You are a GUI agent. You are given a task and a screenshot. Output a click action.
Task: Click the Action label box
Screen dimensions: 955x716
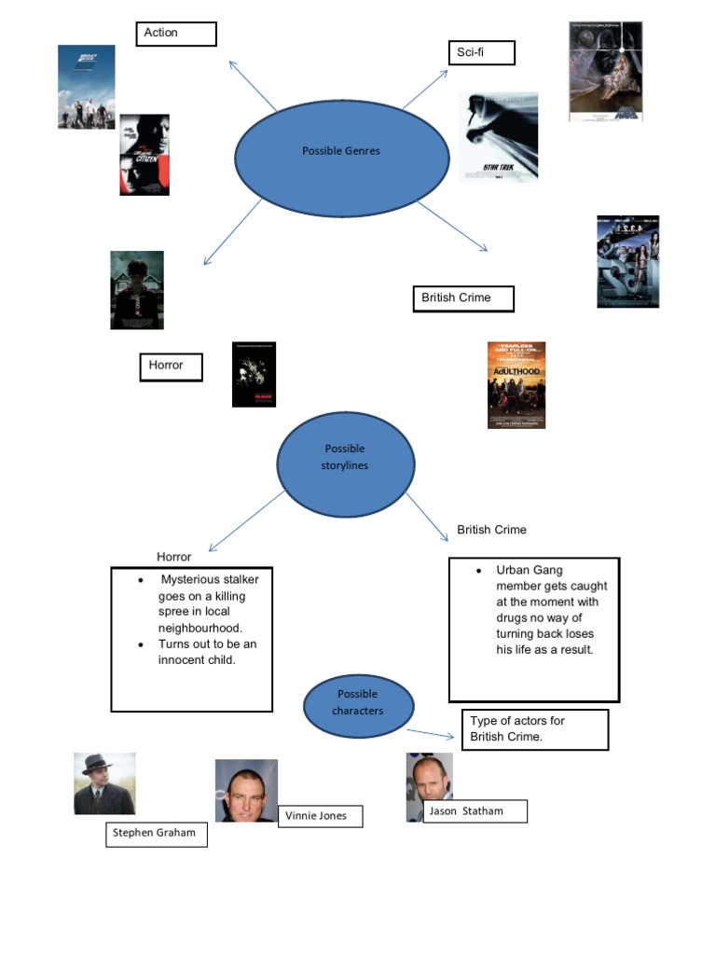[176, 35]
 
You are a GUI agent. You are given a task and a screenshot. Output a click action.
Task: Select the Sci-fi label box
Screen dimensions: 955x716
[481, 53]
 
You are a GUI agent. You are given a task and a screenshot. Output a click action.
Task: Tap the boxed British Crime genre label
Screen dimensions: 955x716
[462, 298]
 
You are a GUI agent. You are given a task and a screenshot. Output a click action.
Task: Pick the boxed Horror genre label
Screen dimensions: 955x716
[172, 367]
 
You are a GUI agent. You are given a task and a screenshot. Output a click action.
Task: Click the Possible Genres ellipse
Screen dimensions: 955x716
[341, 151]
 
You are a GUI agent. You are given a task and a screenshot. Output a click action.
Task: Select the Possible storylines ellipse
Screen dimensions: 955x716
[345, 463]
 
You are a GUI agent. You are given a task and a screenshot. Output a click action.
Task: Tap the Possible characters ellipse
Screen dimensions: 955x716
[358, 704]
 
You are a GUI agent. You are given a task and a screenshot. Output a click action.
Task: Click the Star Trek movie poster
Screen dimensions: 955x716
[498, 136]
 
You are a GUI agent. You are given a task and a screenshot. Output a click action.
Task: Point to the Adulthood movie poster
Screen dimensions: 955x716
[516, 384]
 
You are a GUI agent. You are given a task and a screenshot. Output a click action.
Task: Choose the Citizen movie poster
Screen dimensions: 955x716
[145, 155]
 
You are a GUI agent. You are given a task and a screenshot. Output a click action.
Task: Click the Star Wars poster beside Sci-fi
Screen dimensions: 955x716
[605, 72]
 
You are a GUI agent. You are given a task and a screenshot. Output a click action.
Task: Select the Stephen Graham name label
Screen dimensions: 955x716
[156, 833]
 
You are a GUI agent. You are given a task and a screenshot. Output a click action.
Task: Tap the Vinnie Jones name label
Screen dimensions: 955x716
[320, 816]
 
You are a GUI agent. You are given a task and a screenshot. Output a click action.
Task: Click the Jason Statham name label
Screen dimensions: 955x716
[475, 811]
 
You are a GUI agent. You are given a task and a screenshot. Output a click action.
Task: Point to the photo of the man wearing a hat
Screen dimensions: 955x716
[104, 783]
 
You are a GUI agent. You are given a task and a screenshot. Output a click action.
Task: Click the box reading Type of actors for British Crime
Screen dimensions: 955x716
[534, 729]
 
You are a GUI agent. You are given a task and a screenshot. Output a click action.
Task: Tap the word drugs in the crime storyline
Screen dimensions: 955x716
[512, 617]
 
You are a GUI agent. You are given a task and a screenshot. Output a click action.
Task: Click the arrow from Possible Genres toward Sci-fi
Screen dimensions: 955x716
[425, 90]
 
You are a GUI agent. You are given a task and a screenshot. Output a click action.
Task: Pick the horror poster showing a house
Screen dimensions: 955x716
[137, 290]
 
